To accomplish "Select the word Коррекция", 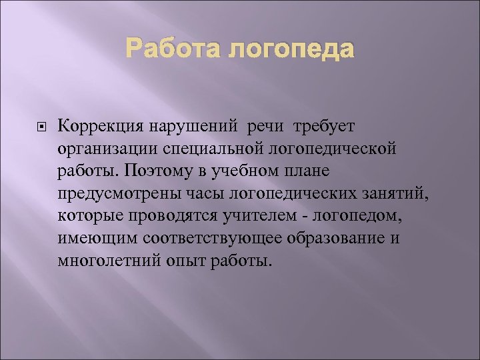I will pos(97,125).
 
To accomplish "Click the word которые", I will pos(89,216).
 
